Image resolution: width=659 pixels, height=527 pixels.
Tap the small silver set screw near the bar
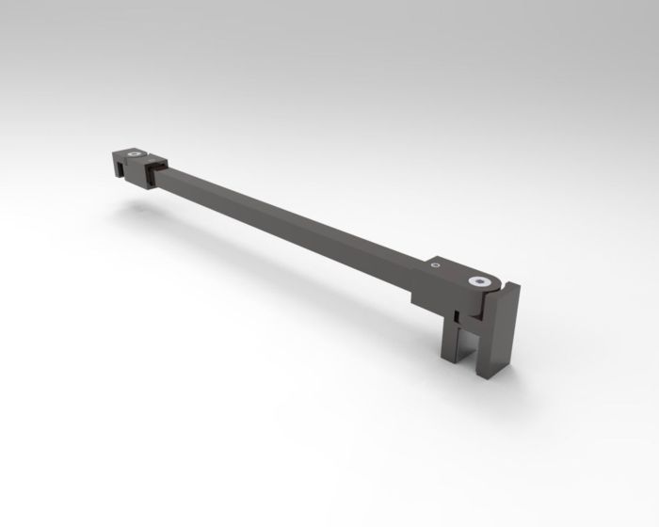tap(435, 266)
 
